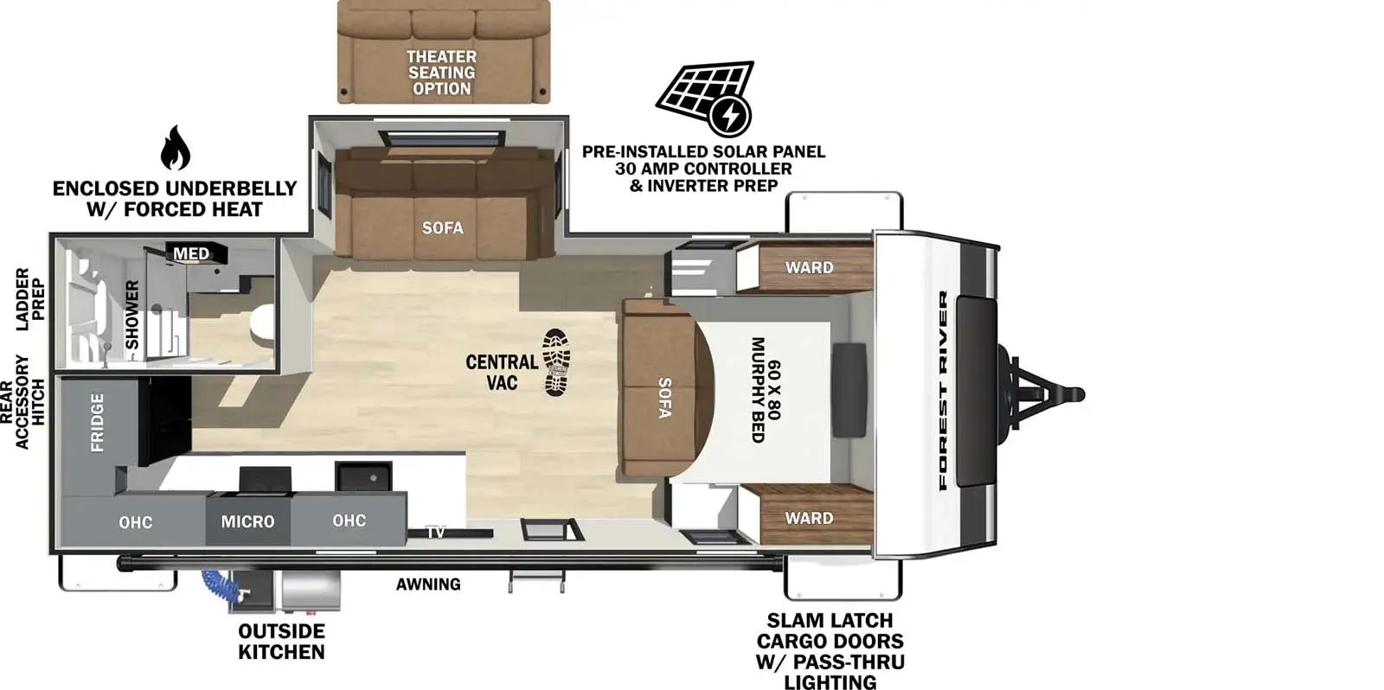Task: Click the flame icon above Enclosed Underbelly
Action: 175,149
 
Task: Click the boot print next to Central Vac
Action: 555,362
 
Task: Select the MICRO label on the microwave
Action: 247,521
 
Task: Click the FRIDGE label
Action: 97,423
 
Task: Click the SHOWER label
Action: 132,315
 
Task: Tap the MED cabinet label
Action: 191,253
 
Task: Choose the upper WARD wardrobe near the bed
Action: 809,267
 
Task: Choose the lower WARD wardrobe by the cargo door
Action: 809,518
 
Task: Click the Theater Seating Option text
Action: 441,73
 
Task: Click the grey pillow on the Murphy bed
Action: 849,390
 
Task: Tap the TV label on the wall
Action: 436,532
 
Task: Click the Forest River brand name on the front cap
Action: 943,390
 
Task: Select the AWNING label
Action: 428,585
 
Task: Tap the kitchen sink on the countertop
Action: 364,476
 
